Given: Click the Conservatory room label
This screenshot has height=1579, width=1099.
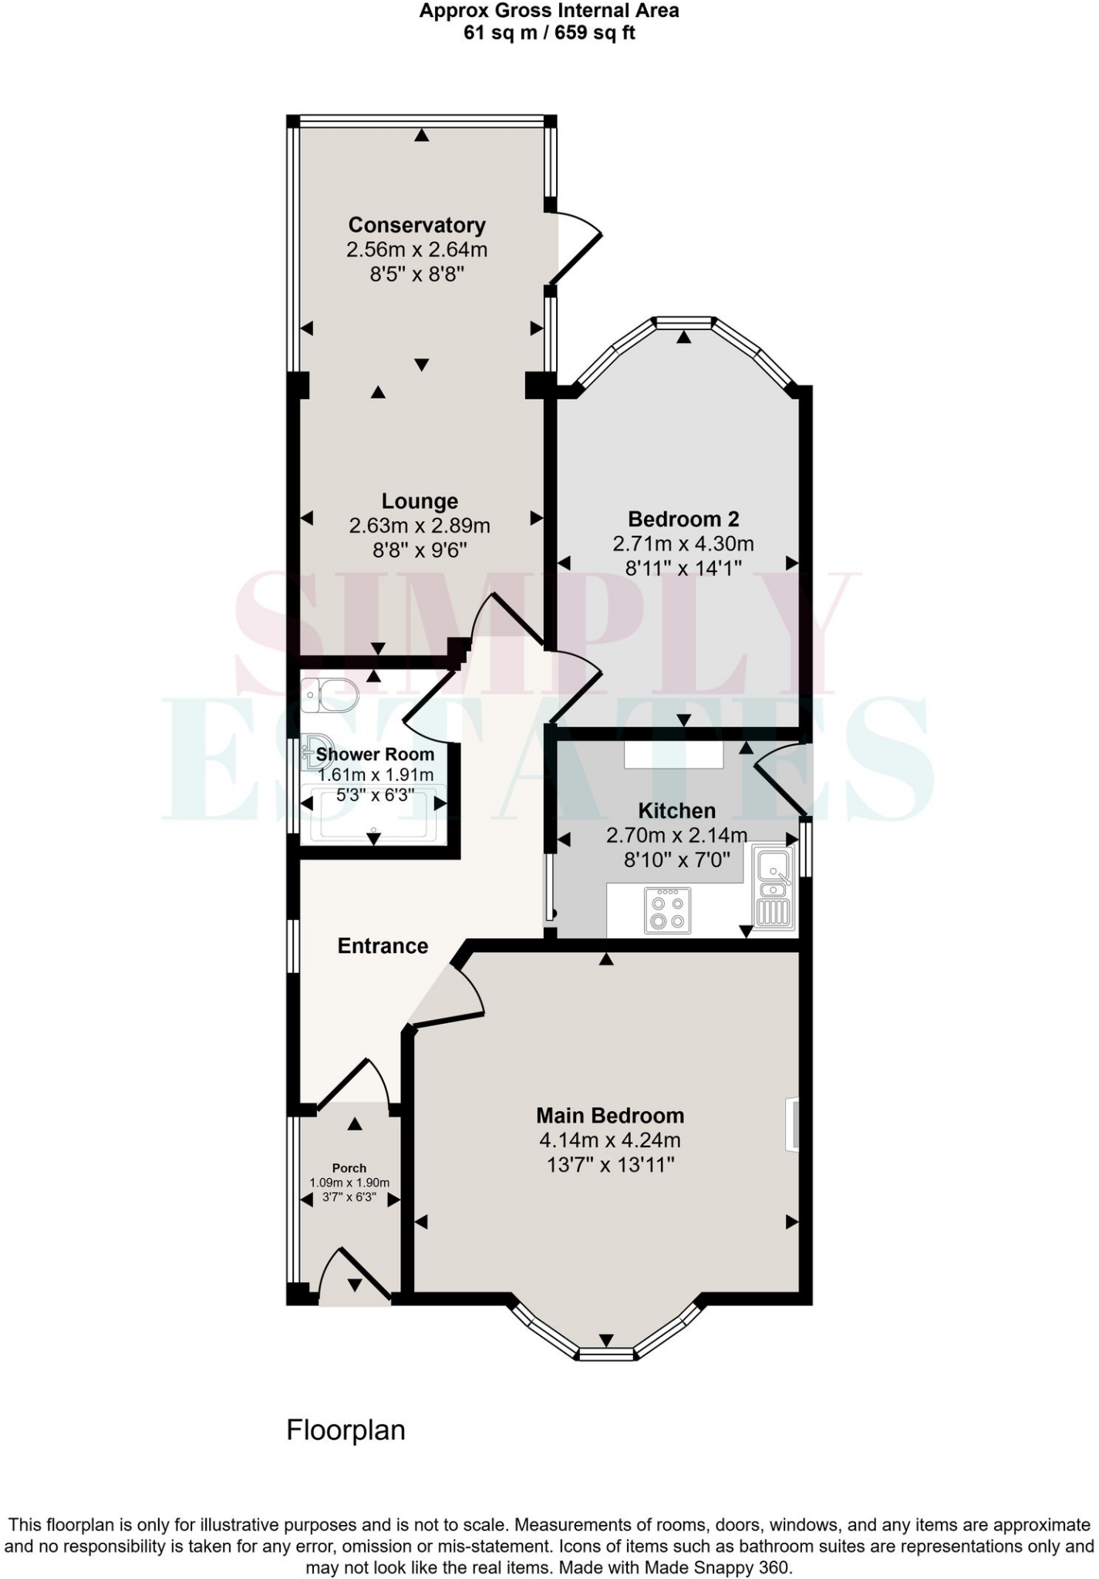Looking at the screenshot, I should click(x=416, y=225).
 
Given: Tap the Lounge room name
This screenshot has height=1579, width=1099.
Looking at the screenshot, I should click(x=420, y=502).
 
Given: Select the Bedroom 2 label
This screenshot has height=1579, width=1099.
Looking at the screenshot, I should click(x=683, y=519).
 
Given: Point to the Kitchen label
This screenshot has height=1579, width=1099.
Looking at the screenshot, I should click(x=676, y=811).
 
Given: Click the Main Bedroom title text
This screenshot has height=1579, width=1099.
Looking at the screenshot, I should click(x=610, y=1116).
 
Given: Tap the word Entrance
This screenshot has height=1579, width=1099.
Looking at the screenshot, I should click(x=383, y=946).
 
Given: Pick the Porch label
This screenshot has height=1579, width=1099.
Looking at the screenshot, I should click(x=349, y=1168).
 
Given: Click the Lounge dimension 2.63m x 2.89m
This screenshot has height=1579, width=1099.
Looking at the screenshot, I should click(x=420, y=526).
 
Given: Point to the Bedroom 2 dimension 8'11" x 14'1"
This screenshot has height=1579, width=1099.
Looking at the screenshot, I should click(x=683, y=568).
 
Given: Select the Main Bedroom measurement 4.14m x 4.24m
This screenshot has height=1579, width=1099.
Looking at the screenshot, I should click(x=610, y=1140).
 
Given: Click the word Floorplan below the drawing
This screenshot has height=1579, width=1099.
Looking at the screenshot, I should click(x=346, y=1430).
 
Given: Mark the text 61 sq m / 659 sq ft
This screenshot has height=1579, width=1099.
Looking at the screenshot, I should click(x=549, y=33).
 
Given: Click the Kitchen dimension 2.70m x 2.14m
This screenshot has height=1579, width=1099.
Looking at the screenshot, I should click(x=676, y=835).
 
